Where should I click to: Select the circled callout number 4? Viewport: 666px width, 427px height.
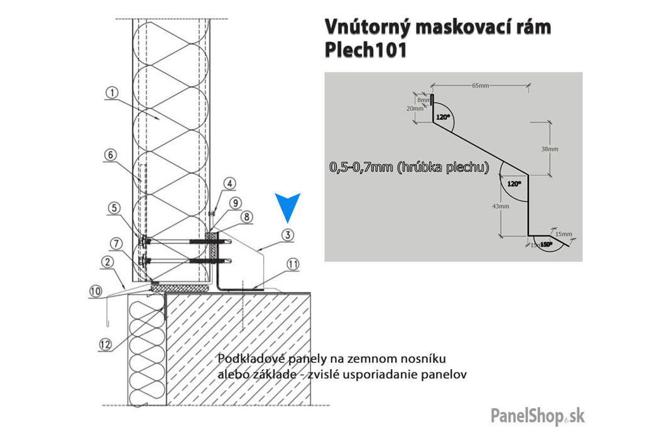coord(231,183)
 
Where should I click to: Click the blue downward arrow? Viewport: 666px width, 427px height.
coord(288,207)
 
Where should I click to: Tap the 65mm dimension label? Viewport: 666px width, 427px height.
coord(480,85)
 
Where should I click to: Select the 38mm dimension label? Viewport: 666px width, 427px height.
coord(549,149)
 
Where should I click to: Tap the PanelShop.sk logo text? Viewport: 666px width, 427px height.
coord(537,414)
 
